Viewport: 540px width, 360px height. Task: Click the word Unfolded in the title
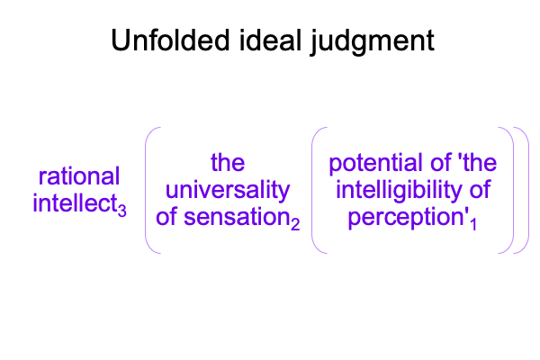click(x=170, y=40)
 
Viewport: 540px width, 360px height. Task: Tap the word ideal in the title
click(x=270, y=40)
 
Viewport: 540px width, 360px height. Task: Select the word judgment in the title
click(x=373, y=42)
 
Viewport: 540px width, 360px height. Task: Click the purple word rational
click(x=79, y=176)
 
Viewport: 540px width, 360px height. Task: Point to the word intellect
click(x=75, y=203)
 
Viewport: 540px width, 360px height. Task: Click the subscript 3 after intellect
click(x=121, y=210)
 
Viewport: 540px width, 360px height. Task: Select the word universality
click(x=228, y=191)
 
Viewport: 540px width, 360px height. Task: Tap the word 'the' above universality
click(x=228, y=163)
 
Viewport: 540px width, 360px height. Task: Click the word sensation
click(x=237, y=217)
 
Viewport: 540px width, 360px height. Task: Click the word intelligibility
click(x=399, y=191)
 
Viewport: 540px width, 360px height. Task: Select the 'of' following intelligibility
click(x=480, y=190)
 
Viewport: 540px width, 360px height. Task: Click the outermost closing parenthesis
click(x=526, y=191)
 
